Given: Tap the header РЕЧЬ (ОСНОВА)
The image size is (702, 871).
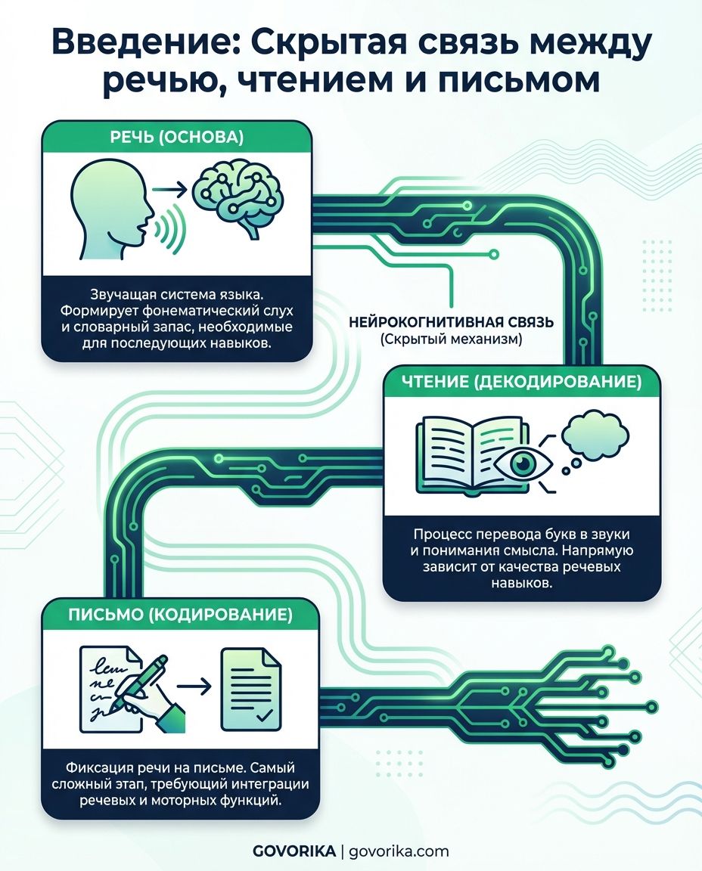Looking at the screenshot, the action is pyautogui.click(x=177, y=137).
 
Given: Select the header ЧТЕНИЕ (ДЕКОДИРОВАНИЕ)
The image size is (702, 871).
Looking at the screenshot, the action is pyautogui.click(x=520, y=382).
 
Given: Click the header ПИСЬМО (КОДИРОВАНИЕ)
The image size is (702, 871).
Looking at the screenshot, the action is pyautogui.click(x=181, y=615).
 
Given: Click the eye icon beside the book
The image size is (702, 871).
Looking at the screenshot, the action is pyautogui.click(x=523, y=462).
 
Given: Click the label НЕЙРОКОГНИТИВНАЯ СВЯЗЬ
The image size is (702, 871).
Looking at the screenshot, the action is pyautogui.click(x=451, y=321).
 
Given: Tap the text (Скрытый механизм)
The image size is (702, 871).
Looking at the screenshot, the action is pyautogui.click(x=452, y=339).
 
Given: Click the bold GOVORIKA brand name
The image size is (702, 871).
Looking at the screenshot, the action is pyautogui.click(x=294, y=851).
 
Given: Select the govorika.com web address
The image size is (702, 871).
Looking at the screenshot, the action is pyautogui.click(x=399, y=851).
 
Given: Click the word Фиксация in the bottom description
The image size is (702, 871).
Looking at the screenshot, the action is pyautogui.click(x=100, y=768).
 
